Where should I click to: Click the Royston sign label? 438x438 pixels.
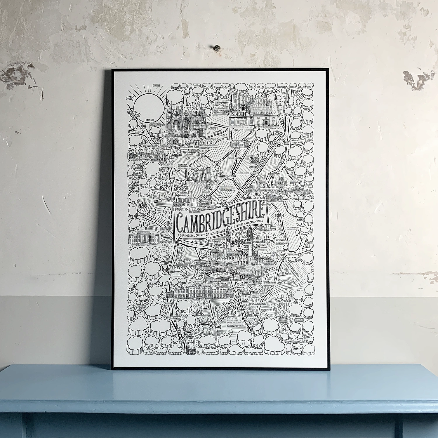216,333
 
